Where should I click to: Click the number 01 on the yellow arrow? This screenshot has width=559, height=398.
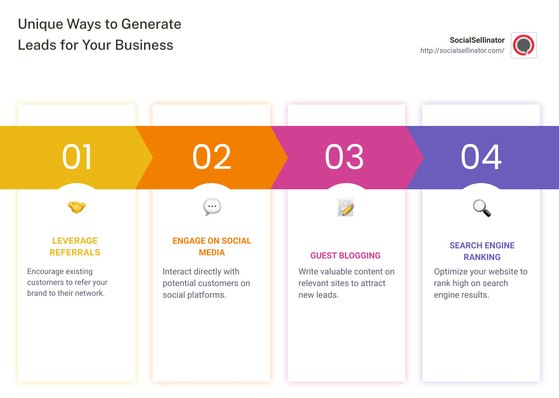click(77, 157)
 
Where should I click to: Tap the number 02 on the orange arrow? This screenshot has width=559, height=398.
click(212, 157)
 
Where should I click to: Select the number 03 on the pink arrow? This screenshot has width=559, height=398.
click(344, 157)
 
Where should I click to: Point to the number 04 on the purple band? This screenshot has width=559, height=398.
click(481, 157)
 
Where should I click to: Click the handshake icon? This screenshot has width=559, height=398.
click(76, 207)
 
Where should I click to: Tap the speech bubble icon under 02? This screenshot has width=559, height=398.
click(212, 207)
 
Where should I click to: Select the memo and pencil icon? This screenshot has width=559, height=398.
click(345, 207)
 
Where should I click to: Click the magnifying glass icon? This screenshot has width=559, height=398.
click(482, 208)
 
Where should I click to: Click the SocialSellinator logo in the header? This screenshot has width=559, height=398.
click(524, 45)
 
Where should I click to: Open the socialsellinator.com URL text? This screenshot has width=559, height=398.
click(462, 51)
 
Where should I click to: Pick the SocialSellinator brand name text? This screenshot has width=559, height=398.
click(477, 40)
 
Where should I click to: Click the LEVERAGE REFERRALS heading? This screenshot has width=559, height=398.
click(75, 246)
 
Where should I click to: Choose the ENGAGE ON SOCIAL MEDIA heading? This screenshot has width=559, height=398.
click(212, 246)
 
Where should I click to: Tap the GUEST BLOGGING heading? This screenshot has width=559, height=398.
click(345, 255)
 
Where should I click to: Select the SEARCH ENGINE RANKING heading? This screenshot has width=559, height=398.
click(482, 251)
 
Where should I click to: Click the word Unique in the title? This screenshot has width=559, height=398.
click(40, 24)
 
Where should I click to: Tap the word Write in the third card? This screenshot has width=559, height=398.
click(308, 272)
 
